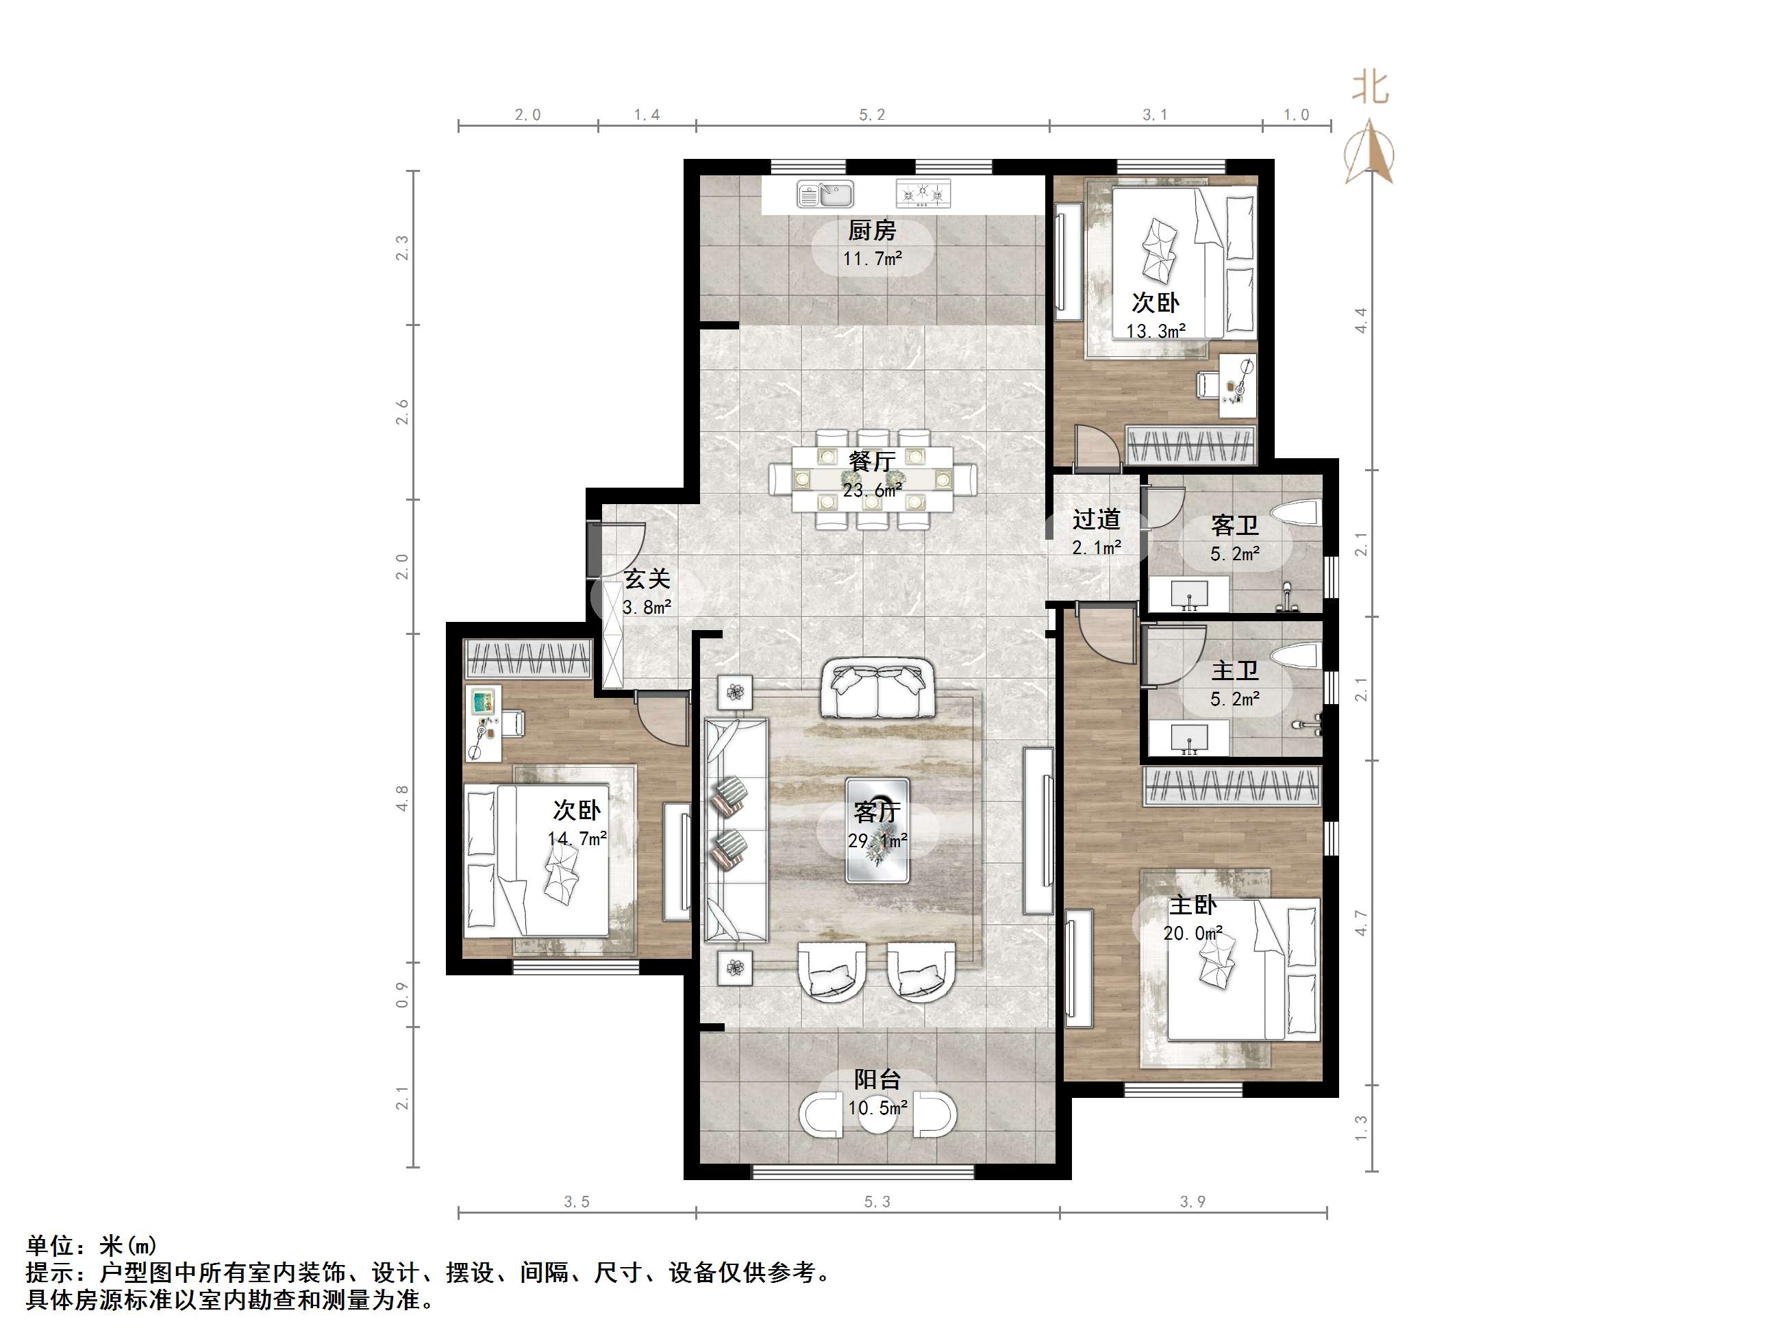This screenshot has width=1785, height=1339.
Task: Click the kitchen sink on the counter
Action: point(825,194)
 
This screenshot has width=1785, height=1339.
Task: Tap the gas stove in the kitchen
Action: point(924,194)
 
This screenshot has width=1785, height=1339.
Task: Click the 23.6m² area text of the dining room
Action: point(873,490)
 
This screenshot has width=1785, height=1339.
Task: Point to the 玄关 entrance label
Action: point(647,579)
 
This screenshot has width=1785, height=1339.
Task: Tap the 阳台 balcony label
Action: point(877,1080)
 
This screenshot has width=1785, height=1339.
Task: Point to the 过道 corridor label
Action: point(1097,519)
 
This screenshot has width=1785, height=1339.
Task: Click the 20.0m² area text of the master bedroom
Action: point(1193,933)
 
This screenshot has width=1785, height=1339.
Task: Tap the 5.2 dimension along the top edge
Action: point(871,114)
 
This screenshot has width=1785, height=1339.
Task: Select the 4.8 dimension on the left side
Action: point(402,797)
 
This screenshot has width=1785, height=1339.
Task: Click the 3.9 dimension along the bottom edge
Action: point(1193,1202)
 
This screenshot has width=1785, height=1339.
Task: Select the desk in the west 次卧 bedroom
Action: point(484,723)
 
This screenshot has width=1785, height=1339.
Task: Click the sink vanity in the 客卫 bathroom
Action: point(1188,594)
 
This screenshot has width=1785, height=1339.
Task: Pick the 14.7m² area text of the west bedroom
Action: point(577,838)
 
